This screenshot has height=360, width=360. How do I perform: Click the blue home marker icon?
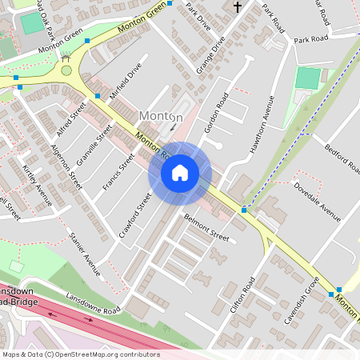180,173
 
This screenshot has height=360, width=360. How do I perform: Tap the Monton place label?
161,117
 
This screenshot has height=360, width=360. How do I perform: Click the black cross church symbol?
238,7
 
